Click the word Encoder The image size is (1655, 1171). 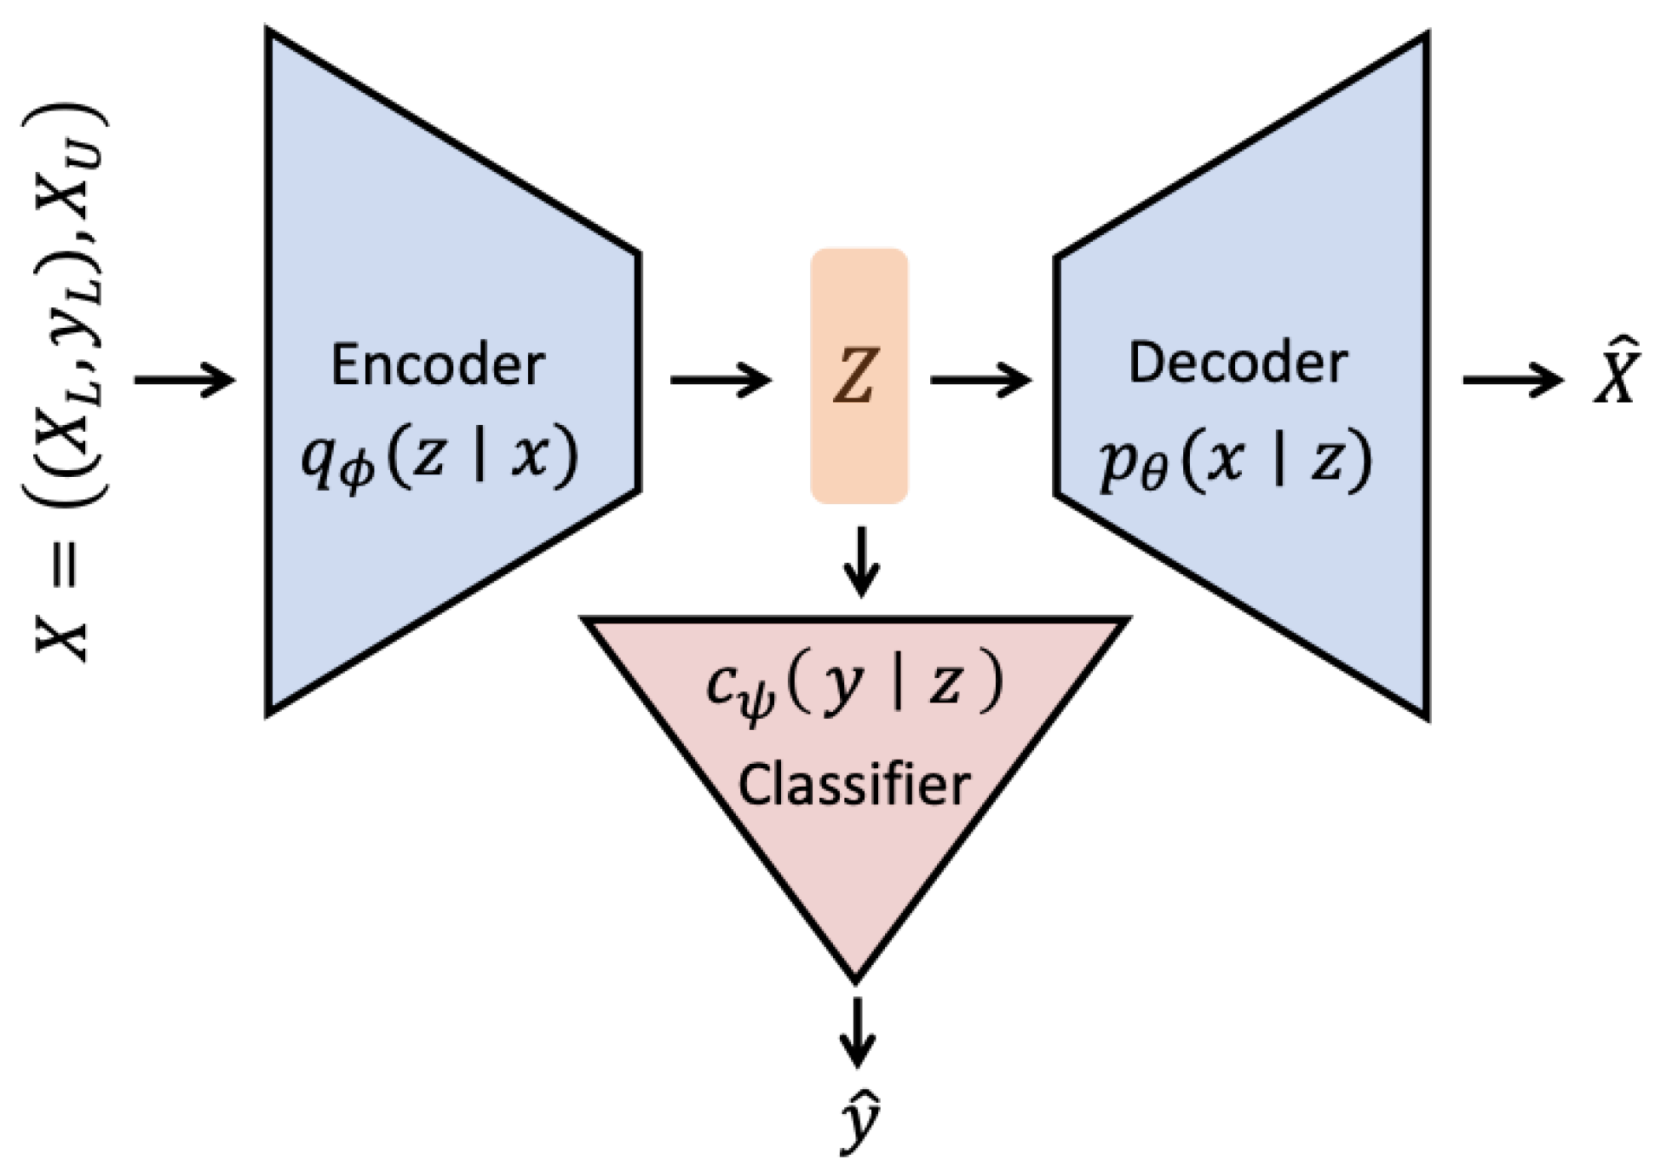coord(437,365)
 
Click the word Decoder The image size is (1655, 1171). coord(1237,363)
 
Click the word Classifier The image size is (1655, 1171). coord(853,784)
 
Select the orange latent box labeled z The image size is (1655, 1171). coord(859,376)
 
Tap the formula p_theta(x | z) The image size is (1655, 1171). coord(1235,462)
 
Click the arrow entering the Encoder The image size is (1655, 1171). coord(184,379)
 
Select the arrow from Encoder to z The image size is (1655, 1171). coord(720,379)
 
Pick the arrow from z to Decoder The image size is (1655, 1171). coord(980,379)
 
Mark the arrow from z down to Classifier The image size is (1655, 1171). coord(861,561)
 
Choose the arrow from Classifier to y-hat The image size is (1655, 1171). coord(857,1030)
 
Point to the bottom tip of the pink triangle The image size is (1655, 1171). coord(855,978)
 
